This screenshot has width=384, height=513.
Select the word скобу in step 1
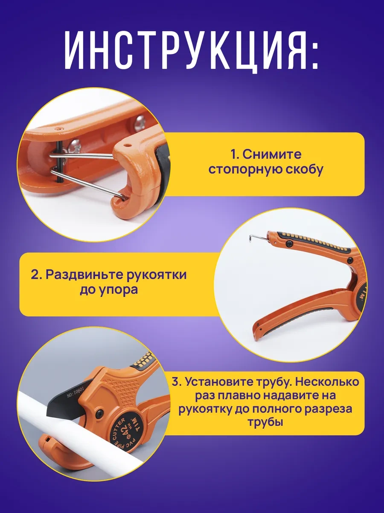pyautogui.click(x=301, y=170)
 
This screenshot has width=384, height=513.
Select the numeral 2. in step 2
pyautogui.click(x=36, y=274)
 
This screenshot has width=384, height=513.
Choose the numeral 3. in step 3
pyautogui.click(x=177, y=381)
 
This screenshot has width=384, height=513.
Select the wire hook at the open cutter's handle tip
pyautogui.click(x=256, y=235)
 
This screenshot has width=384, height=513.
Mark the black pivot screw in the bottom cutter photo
pyautogui.click(x=99, y=413)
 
